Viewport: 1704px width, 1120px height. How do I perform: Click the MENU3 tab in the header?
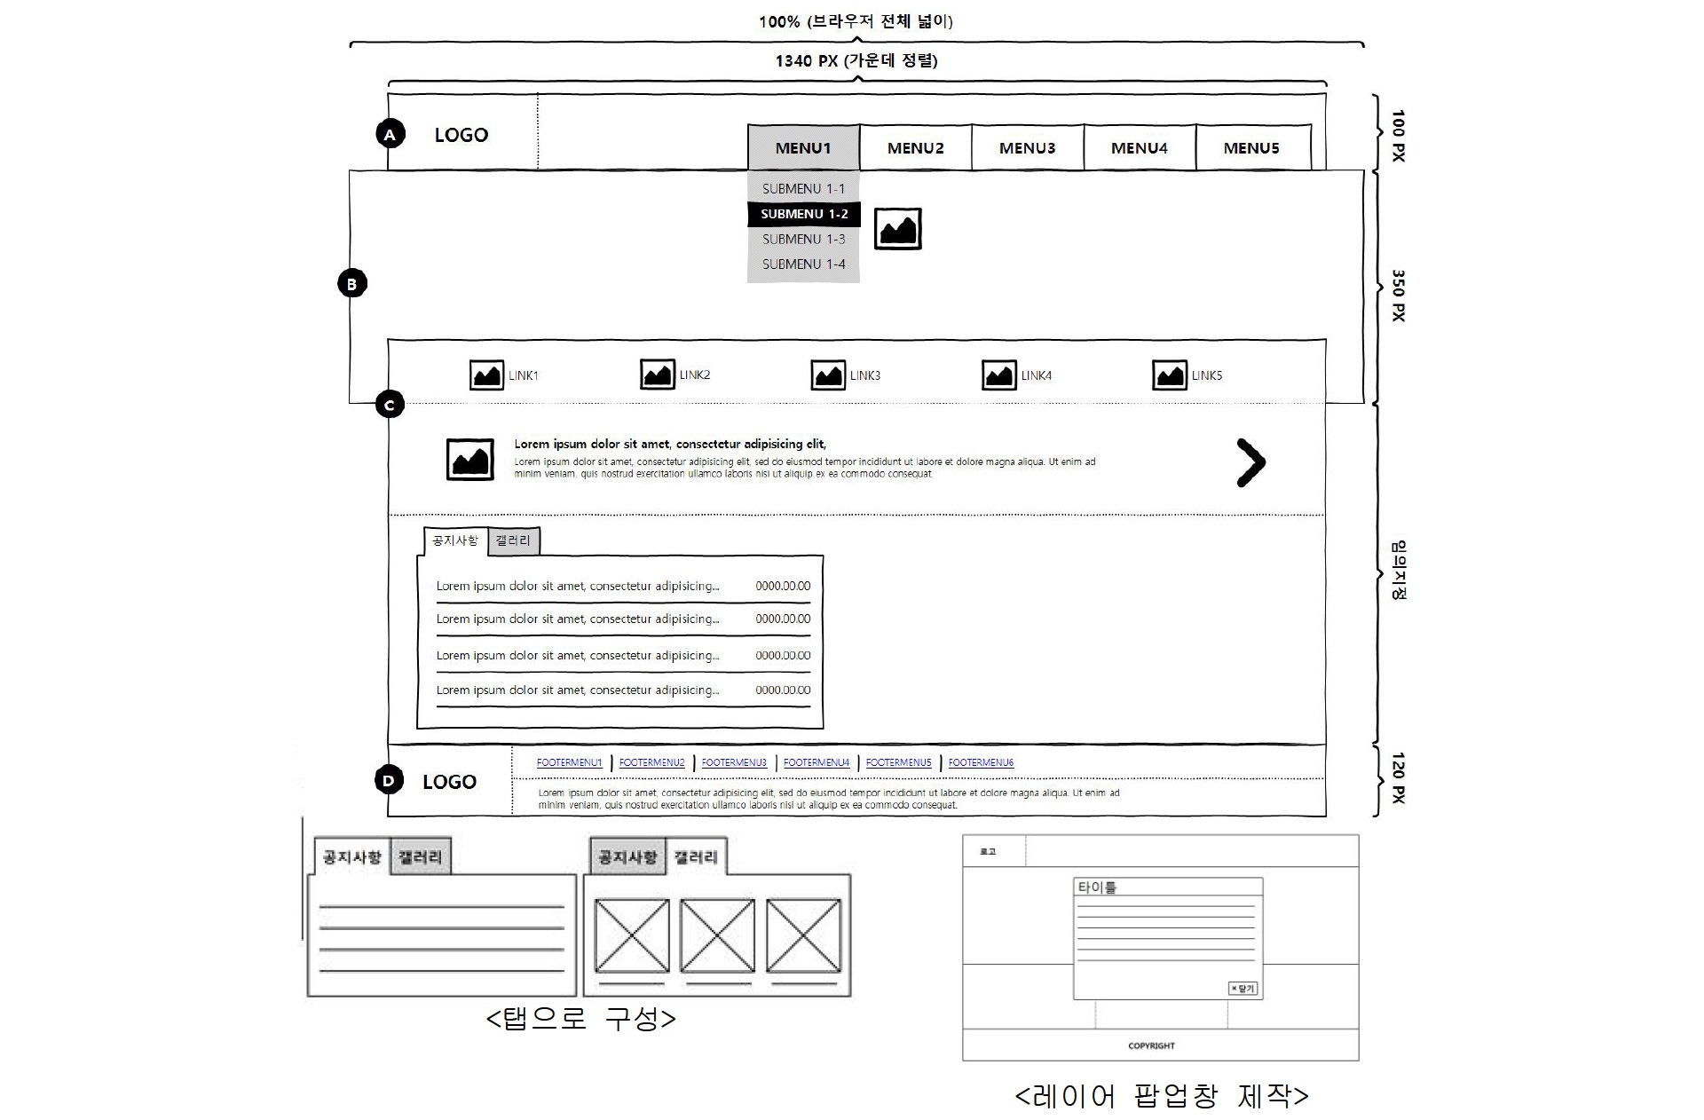(1027, 148)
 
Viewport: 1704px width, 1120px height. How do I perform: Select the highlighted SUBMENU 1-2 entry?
(804, 214)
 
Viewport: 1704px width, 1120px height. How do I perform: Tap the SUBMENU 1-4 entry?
(804, 264)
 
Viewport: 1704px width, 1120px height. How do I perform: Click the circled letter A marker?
(390, 135)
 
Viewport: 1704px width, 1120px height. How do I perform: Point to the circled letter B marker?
(351, 284)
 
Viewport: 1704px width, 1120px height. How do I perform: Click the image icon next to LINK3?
(827, 375)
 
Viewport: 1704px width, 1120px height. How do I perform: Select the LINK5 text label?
(1206, 375)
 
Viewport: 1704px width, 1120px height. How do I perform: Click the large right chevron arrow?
(1250, 462)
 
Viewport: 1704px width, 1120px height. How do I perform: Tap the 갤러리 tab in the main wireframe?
(513, 540)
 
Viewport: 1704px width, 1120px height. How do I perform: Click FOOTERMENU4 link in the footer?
(816, 762)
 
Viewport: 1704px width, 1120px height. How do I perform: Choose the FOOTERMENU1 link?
(569, 762)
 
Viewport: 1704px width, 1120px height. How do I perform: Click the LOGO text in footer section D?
(449, 782)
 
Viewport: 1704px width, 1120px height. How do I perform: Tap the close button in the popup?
(1242, 989)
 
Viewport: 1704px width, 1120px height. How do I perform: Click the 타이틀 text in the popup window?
(1097, 887)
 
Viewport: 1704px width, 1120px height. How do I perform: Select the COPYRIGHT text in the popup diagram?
(1151, 1045)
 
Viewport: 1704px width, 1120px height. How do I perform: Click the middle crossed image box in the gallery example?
(717, 935)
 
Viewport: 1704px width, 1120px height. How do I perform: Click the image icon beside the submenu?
(897, 229)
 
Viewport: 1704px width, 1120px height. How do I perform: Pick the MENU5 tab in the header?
(1251, 148)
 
